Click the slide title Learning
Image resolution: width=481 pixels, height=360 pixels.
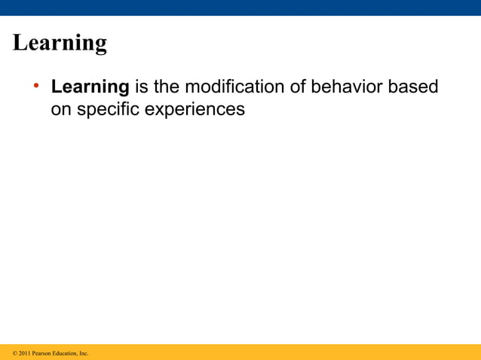(x=60, y=43)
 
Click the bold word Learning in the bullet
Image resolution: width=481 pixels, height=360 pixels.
(x=90, y=87)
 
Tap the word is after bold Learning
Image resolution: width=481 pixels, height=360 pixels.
(x=140, y=87)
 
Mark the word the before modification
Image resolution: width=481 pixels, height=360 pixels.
(x=165, y=87)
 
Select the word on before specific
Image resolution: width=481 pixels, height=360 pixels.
(x=61, y=109)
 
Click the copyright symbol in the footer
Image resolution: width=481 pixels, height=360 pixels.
(x=15, y=352)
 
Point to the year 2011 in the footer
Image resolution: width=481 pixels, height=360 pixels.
(x=25, y=352)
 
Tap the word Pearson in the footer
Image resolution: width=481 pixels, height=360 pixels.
(x=42, y=352)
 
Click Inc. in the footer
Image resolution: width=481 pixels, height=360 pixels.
(x=84, y=352)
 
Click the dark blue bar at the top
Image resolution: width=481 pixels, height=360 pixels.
(x=240, y=8)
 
